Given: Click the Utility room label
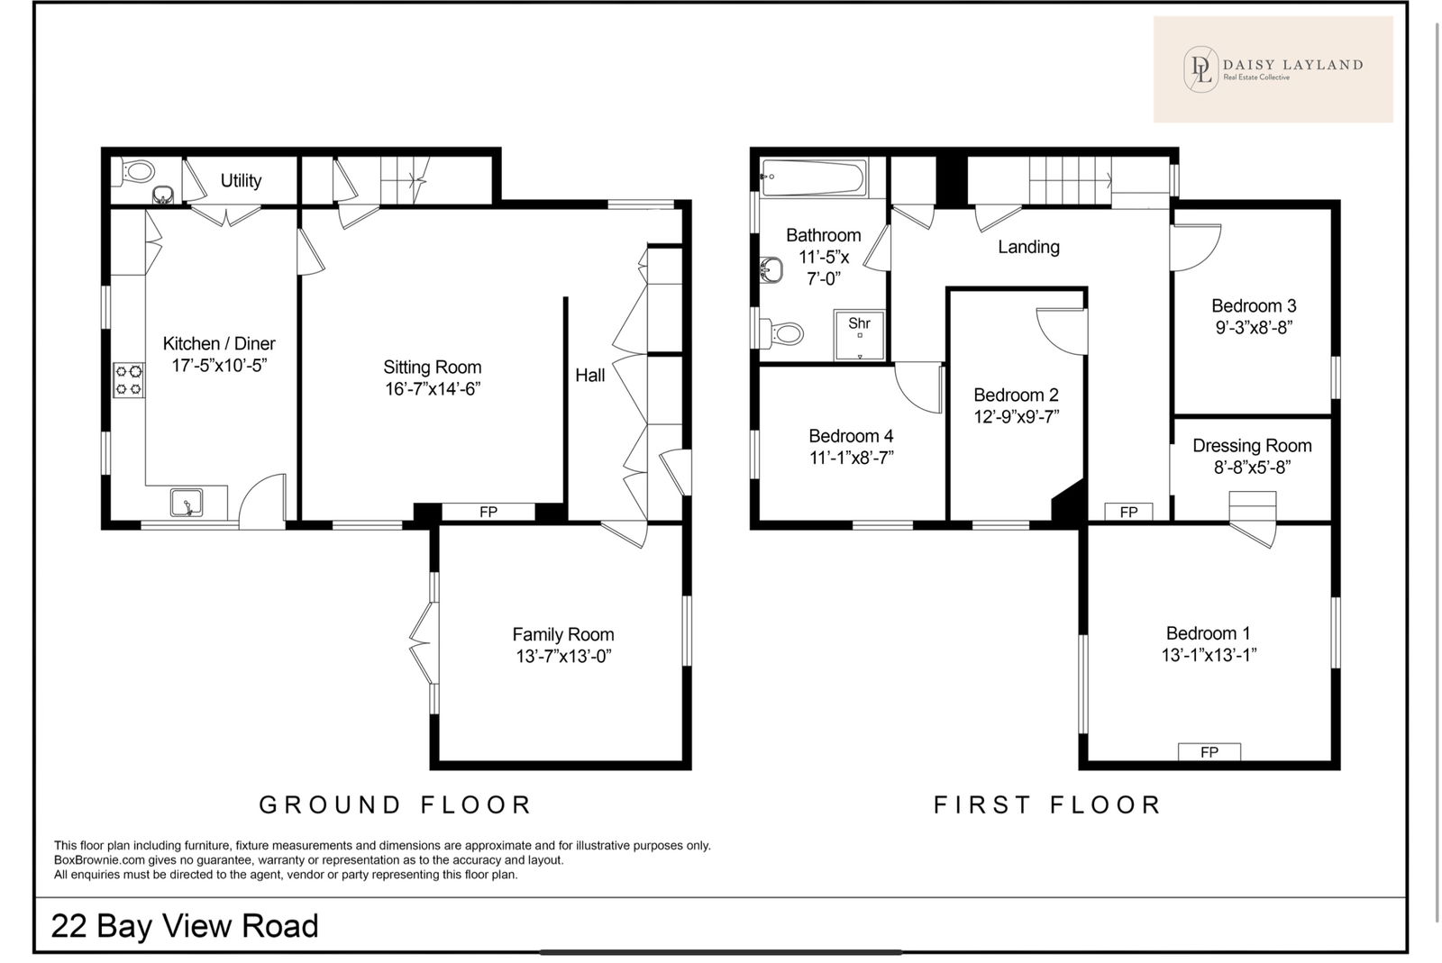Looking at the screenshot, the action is [x=241, y=181].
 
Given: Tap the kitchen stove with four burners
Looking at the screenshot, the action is [x=129, y=380].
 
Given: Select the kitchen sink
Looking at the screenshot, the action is [x=187, y=503].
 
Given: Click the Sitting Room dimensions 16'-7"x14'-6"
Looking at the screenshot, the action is [x=433, y=389].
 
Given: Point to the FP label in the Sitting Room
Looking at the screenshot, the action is [x=488, y=512].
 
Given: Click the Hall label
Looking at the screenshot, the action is [x=589, y=375].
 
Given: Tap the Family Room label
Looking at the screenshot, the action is [x=563, y=635].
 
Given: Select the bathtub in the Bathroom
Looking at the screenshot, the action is [x=813, y=177].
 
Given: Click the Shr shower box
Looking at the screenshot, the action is [x=860, y=335].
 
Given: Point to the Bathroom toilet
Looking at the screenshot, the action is [x=782, y=333].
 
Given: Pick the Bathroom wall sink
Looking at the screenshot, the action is [x=771, y=270].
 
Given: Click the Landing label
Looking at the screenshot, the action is [x=1028, y=247].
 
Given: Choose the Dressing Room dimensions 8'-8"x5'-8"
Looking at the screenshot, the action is [x=1252, y=468].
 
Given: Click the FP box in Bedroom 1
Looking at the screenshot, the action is [x=1209, y=752].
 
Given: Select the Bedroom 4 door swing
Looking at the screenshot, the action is [x=918, y=388].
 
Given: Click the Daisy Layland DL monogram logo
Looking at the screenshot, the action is [x=1201, y=69].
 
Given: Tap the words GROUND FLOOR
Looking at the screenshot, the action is [x=396, y=804].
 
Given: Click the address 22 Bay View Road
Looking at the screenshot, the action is [x=185, y=926].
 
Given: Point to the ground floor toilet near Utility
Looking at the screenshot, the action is [x=136, y=172].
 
